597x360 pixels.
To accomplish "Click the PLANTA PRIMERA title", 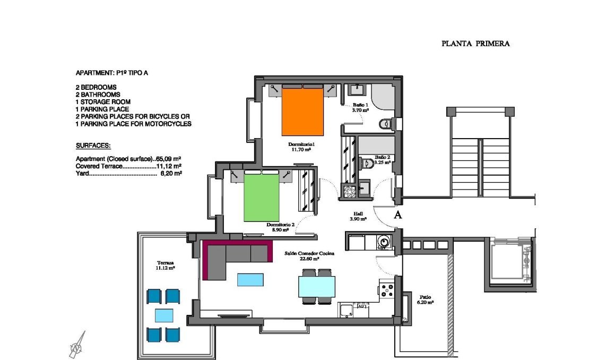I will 475,44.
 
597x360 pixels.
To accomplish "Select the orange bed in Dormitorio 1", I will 302,112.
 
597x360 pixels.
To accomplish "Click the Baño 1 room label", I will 360,108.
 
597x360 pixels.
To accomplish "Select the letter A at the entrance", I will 397,215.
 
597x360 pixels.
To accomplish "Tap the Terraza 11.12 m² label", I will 165,265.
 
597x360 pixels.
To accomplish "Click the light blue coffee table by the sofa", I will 250,279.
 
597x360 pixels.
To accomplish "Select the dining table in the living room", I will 317,287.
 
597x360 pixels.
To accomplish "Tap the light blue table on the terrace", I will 163,315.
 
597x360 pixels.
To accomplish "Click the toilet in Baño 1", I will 386,124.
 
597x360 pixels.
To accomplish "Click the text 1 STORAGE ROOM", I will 103,102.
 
